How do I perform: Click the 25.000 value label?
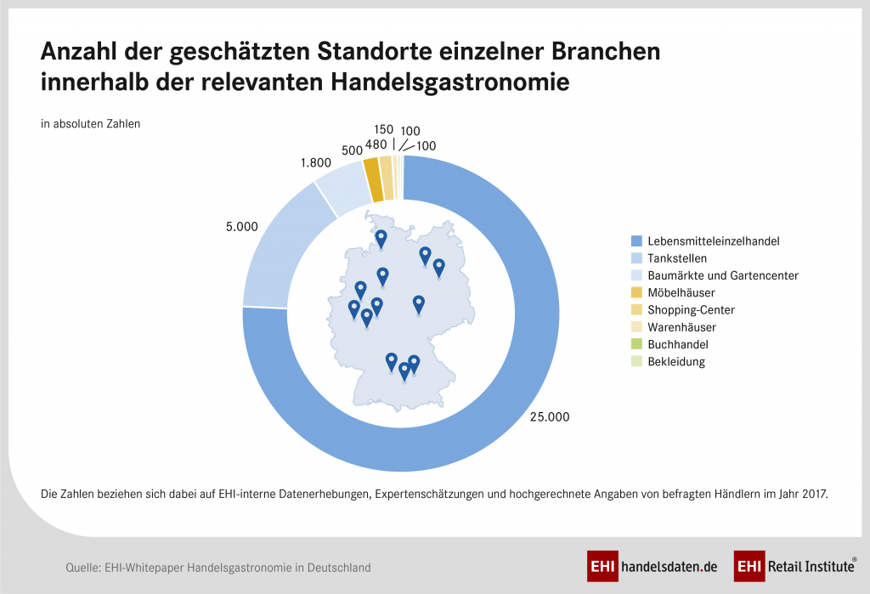click(549, 416)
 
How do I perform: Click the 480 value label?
click(376, 144)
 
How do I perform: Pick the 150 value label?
click(383, 129)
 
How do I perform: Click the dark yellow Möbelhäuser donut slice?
click(371, 168)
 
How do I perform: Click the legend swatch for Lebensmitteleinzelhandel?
click(637, 240)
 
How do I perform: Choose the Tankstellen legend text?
click(676, 258)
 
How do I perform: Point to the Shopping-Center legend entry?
click(690, 309)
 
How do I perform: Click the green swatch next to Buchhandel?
click(637, 344)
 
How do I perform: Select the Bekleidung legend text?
click(675, 361)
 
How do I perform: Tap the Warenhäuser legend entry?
click(681, 327)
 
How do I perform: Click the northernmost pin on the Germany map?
click(381, 239)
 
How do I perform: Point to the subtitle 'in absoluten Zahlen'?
click(90, 123)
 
